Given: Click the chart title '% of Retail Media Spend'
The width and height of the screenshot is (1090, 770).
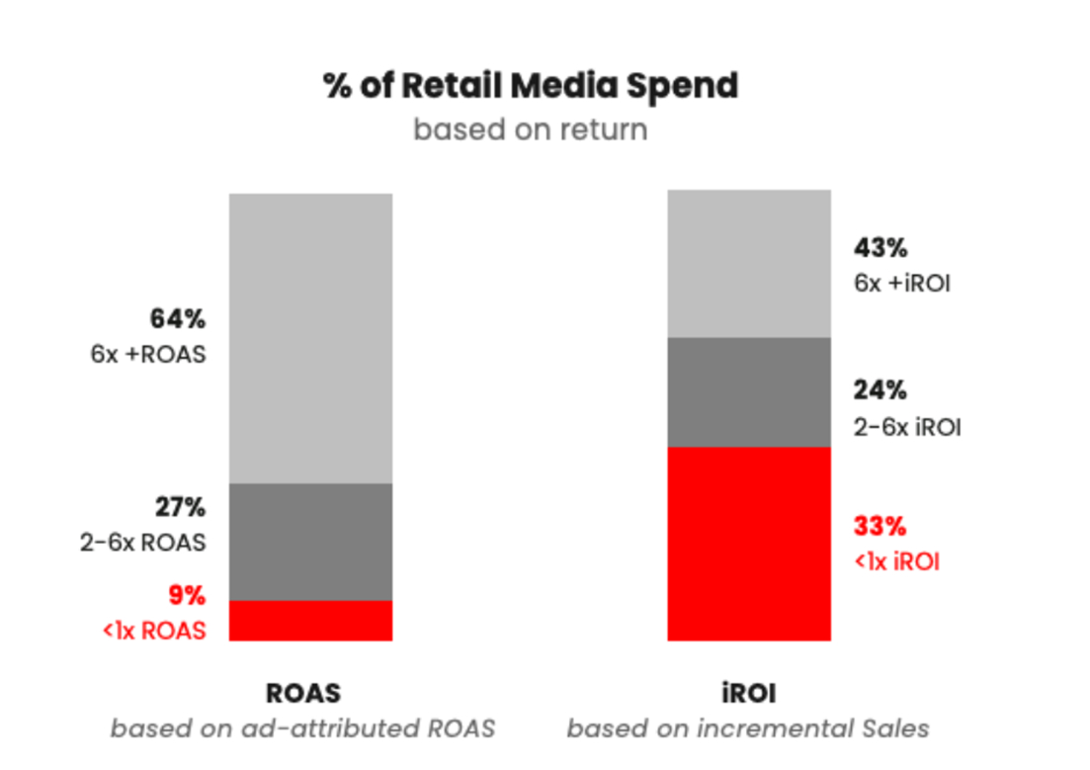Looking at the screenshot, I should [x=531, y=86].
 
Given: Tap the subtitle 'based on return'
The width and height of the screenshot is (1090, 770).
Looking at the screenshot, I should [x=531, y=129].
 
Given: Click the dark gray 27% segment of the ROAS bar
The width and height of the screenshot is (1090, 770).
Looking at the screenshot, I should [x=311, y=542].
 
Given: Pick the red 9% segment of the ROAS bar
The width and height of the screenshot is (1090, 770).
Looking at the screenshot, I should [x=311, y=621].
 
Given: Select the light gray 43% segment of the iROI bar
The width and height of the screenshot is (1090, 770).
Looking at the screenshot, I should [x=748, y=264].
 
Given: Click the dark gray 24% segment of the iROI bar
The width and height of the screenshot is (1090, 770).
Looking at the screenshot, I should [x=748, y=392].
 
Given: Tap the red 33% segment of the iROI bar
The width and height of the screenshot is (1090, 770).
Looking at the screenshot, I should [x=748, y=544].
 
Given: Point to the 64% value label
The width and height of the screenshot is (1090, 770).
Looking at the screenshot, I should [x=178, y=319].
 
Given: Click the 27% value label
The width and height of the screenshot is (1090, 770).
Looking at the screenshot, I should [x=180, y=508].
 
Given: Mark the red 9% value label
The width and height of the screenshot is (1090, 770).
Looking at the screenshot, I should [x=187, y=596].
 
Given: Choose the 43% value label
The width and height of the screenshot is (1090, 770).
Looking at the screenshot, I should [x=880, y=248].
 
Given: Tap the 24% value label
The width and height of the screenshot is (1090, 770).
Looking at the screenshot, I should [x=880, y=390].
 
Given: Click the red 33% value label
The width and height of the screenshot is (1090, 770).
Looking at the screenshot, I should [x=880, y=526].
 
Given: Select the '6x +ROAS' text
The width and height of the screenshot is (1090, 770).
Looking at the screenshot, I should [x=148, y=354].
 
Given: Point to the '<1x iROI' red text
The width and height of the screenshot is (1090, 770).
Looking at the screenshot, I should [x=896, y=561].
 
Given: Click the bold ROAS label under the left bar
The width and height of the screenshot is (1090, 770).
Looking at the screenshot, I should [x=303, y=693].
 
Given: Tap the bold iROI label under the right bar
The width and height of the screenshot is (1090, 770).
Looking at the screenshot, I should [x=748, y=693].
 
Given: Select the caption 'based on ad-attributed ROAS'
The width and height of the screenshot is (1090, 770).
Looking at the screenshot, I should [x=302, y=729].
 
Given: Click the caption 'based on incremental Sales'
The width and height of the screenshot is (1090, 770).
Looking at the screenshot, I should [x=748, y=729].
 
